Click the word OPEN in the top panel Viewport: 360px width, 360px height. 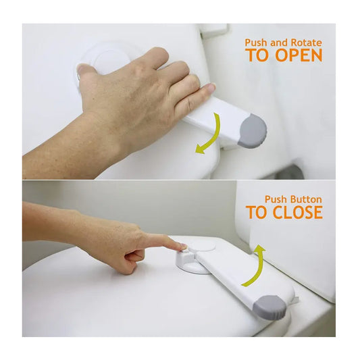299,55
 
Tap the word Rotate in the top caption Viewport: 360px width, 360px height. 306,43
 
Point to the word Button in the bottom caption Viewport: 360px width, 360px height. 305,199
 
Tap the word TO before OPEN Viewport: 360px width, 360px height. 259,55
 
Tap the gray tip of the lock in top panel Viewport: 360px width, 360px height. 253,131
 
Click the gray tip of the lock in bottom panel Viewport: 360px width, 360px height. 269,307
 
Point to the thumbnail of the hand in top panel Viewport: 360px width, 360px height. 83,69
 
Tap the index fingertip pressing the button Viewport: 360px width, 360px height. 182,247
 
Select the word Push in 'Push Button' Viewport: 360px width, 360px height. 275,199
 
